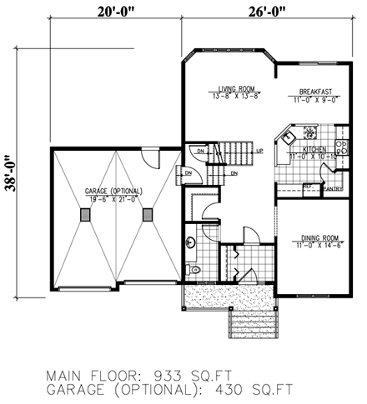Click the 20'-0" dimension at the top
[x=113, y=12]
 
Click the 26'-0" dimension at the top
[x=249, y=12]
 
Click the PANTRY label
[x=333, y=189]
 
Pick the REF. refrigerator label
[x=307, y=185]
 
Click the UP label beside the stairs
[x=260, y=151]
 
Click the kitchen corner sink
[x=289, y=134]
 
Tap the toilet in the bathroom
[x=194, y=269]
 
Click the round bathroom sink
[x=191, y=242]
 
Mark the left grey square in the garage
[x=86, y=215]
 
